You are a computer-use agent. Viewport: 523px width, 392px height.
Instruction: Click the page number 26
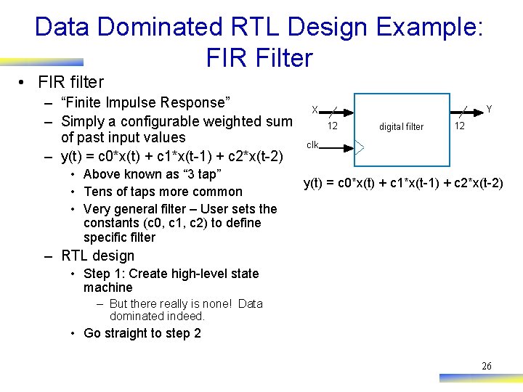click(x=487, y=366)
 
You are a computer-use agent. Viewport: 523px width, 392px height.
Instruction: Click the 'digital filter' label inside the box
click(x=401, y=127)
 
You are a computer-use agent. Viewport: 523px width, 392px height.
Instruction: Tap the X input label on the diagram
click(x=315, y=110)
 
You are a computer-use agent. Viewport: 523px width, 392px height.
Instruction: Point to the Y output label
click(x=489, y=110)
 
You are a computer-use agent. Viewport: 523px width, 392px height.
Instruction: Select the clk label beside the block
click(x=312, y=144)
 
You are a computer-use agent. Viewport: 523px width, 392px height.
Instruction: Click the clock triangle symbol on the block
click(x=360, y=147)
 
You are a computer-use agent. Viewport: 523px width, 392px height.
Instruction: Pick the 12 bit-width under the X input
click(x=332, y=126)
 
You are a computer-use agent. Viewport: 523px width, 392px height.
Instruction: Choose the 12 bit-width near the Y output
click(x=459, y=126)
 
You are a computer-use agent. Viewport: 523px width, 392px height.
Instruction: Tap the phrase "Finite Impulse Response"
click(x=146, y=102)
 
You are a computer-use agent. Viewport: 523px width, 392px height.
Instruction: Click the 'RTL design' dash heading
click(x=98, y=256)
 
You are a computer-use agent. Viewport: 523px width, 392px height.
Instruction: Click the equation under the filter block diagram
click(x=402, y=182)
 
